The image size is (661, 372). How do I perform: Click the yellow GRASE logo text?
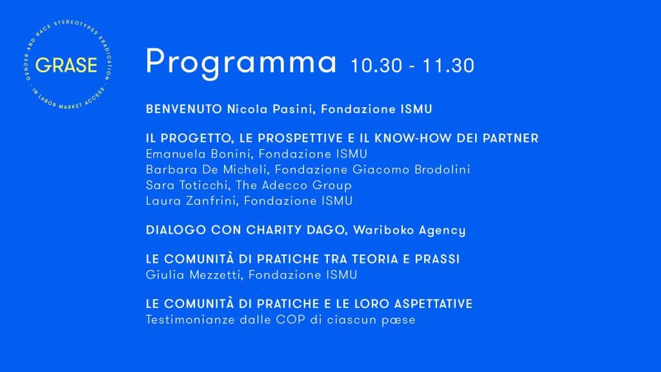click(x=66, y=65)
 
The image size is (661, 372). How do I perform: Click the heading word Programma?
click(x=241, y=63)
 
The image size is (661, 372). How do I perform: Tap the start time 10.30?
click(x=376, y=65)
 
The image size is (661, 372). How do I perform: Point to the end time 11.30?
click(x=449, y=65)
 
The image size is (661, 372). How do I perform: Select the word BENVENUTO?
click(x=184, y=109)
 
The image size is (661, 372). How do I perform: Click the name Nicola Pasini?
click(x=270, y=109)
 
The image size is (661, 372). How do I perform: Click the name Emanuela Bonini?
click(x=198, y=154)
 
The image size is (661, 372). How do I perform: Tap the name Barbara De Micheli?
click(x=207, y=170)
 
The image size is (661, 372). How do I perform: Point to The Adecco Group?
click(x=294, y=185)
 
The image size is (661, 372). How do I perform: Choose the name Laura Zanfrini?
click(x=190, y=201)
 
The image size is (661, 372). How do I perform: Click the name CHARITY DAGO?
click(x=295, y=230)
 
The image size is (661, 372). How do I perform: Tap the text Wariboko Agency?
click(x=409, y=231)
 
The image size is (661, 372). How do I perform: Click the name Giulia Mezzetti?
click(x=193, y=275)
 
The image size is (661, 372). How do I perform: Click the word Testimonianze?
click(x=190, y=320)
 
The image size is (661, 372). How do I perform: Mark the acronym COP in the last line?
click(x=290, y=320)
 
